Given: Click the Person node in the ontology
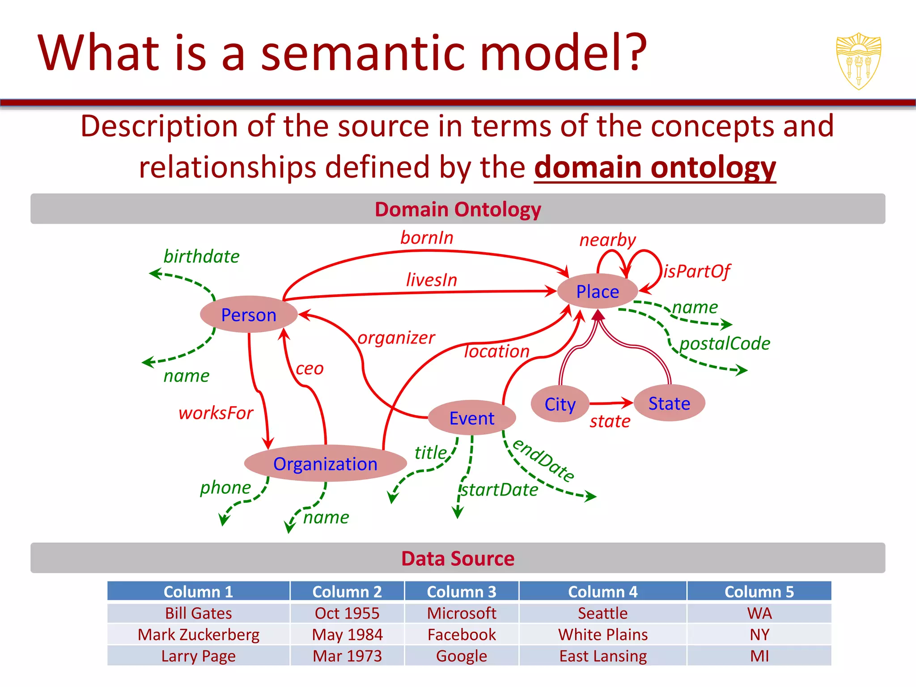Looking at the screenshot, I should click(x=249, y=314).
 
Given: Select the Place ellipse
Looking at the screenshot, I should click(x=597, y=291).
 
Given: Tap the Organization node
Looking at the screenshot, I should click(x=325, y=464).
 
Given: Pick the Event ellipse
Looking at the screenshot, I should click(x=471, y=418).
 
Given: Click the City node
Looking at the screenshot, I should click(x=560, y=404).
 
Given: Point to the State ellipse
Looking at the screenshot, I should click(x=669, y=403).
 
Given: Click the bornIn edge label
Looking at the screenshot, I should click(x=427, y=237).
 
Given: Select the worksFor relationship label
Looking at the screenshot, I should click(x=216, y=413).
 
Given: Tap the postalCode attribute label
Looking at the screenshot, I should click(x=725, y=343).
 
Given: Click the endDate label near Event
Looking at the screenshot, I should click(x=543, y=460).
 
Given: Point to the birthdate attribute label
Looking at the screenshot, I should click(x=201, y=256).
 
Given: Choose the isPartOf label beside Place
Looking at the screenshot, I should click(x=697, y=271).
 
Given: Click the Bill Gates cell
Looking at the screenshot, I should click(x=198, y=613).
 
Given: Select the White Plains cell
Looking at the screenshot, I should click(x=602, y=634).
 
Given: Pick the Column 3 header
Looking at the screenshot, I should click(x=461, y=591).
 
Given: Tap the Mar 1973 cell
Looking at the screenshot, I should click(x=347, y=656).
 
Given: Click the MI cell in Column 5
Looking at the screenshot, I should click(x=759, y=656).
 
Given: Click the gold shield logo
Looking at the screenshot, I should click(x=858, y=61).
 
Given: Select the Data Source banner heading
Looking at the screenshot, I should click(x=458, y=558).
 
